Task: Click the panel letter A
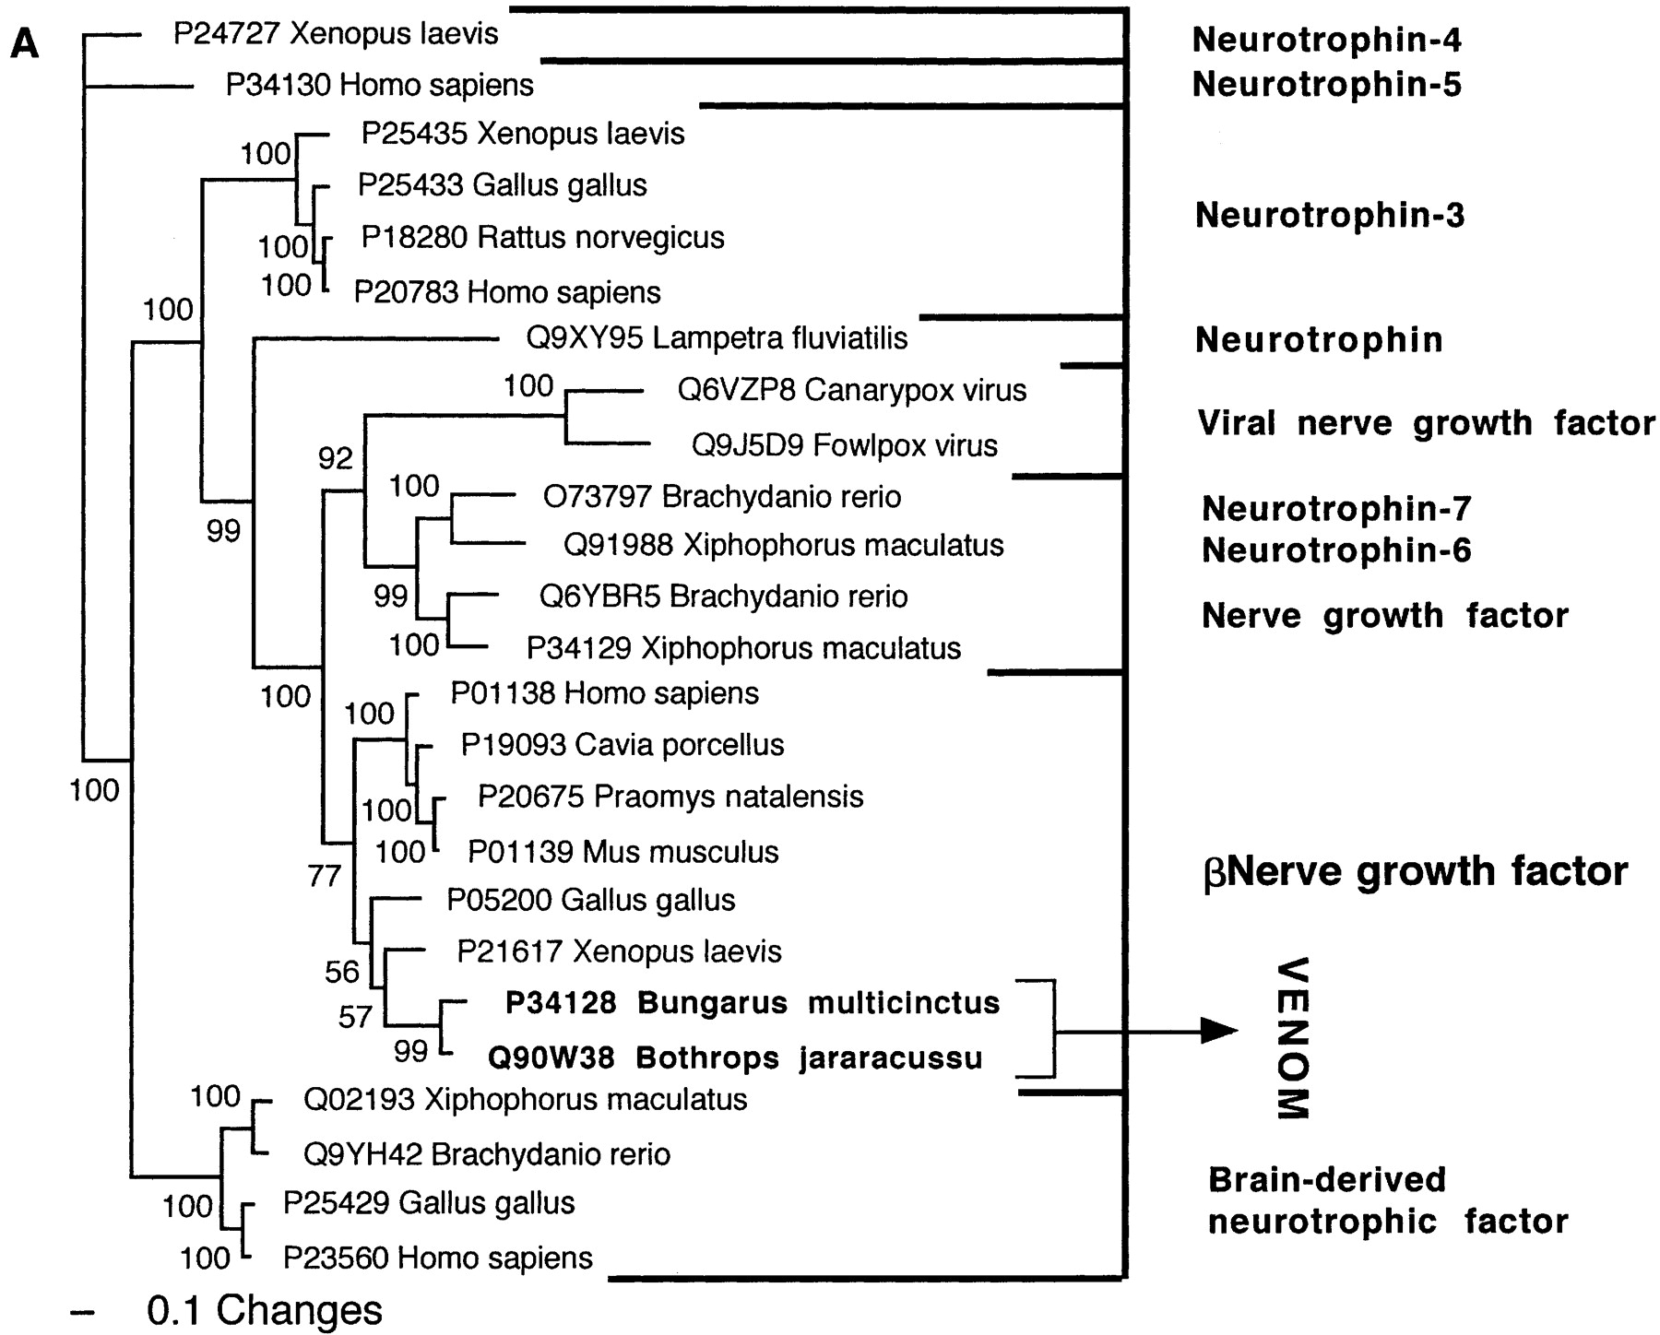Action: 25,43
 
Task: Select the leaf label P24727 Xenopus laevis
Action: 336,34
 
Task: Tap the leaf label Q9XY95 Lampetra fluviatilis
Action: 717,338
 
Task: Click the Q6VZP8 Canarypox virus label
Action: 851,390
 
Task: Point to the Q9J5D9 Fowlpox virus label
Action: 844,446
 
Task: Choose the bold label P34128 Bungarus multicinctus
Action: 752,1003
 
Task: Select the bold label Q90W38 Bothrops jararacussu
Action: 734,1057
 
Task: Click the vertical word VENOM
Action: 1293,1039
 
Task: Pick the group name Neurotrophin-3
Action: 1329,216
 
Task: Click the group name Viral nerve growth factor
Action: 1426,423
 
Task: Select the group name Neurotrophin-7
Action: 1335,508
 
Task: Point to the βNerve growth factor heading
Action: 1416,871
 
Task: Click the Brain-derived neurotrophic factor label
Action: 1387,1200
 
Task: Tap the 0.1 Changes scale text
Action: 264,1310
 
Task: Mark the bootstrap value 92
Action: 336,458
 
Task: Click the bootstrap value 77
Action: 325,876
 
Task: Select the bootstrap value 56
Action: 341,972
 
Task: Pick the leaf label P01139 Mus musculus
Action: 622,852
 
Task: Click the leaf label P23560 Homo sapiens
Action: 437,1258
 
